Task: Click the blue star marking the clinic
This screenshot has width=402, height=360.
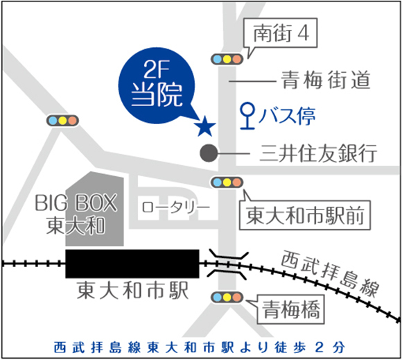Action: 205,126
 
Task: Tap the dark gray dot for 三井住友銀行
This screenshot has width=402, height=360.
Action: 209,153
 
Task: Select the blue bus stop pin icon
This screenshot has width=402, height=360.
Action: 247,116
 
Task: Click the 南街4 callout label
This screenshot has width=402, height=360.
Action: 281,33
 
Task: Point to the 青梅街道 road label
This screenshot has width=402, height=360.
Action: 326,80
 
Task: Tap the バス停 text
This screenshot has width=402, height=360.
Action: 287,117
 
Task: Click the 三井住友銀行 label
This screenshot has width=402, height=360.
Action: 318,153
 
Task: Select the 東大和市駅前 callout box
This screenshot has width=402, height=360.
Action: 305,215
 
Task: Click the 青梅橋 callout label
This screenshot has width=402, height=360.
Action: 290,309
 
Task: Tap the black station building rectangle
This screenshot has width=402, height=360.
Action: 132,264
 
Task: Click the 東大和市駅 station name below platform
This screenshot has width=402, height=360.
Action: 132,291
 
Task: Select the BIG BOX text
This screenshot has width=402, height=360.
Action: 76,203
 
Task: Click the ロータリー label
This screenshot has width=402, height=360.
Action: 175,207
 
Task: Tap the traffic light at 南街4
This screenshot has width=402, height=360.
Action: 227,59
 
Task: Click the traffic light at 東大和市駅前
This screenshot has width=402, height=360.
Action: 227,182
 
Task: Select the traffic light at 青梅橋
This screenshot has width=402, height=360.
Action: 227,298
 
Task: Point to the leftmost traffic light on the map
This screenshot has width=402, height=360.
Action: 62,120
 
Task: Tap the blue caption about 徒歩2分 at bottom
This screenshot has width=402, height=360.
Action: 200,348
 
